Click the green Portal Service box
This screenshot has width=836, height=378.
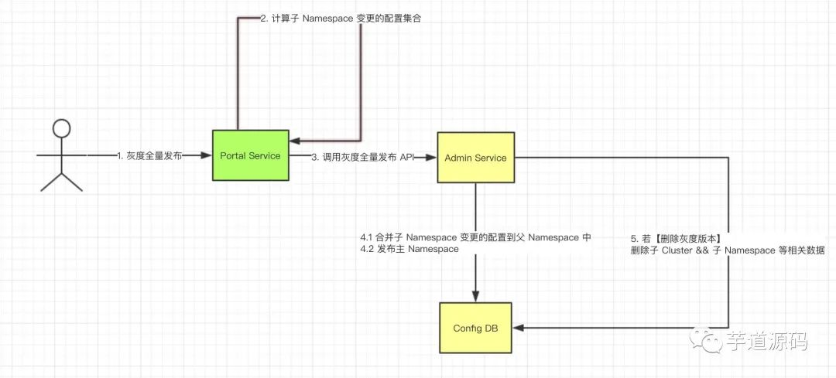[x=249, y=155]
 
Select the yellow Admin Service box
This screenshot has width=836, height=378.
[x=475, y=158]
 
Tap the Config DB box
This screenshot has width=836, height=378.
[x=475, y=328]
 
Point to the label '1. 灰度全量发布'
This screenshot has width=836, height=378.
[x=149, y=156]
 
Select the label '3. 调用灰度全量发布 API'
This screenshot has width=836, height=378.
[x=363, y=157]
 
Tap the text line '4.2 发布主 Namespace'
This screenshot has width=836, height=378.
[x=410, y=250]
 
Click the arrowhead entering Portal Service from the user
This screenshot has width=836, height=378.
[x=207, y=156]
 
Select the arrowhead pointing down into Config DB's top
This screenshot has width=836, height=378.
[x=475, y=296]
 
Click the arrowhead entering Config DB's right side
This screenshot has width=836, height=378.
[x=519, y=328]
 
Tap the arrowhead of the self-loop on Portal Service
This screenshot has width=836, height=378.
[x=295, y=141]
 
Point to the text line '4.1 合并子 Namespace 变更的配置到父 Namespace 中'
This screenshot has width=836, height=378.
[x=475, y=237]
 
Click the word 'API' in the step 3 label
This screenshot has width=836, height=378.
[x=407, y=157]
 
